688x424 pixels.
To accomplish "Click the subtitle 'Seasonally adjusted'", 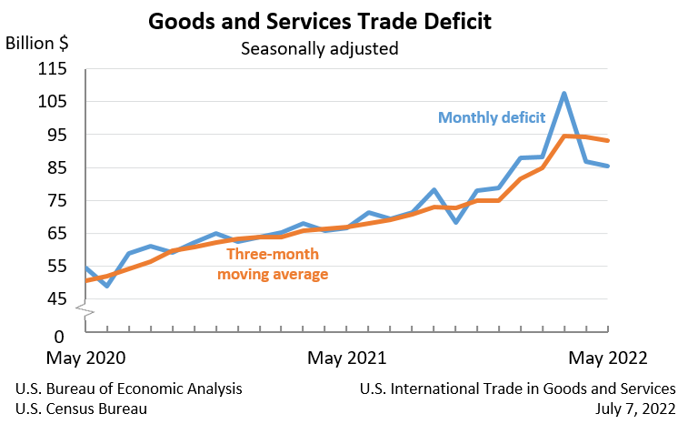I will point(319,48).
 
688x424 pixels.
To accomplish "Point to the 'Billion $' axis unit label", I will point(37,43).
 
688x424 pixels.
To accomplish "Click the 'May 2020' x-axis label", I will point(86,357).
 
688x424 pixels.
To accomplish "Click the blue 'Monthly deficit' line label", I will point(492,117).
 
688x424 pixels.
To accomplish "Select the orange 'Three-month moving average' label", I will point(276,264).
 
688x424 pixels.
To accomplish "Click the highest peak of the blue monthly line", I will point(564,94).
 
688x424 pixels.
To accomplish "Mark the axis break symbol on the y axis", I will point(85,314).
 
